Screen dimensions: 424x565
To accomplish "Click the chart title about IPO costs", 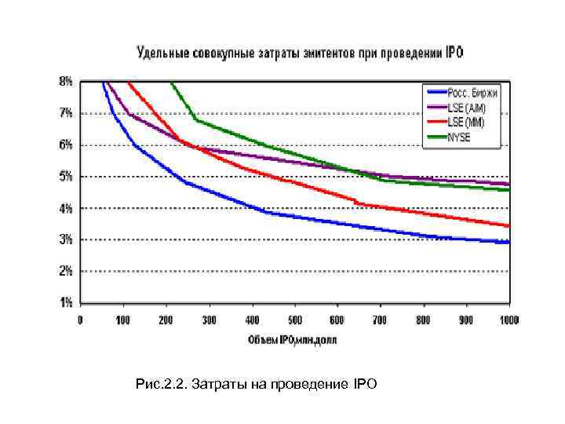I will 301,53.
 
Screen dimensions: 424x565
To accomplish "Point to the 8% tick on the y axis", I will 66,81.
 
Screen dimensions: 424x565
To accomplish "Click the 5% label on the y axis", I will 66,177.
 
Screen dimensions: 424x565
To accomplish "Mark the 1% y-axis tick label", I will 66,302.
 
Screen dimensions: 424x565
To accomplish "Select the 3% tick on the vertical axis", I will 66,239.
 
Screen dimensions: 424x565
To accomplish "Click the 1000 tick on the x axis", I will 509,320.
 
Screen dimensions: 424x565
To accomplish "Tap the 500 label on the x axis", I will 294,320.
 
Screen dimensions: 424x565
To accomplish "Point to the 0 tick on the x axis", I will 80,320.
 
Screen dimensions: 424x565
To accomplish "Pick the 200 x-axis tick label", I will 166,320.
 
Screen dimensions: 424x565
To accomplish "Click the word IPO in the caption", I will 365,384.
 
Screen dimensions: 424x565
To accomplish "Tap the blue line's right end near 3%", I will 508,242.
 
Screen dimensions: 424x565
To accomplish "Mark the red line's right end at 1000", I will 508,225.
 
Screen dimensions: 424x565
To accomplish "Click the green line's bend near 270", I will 196,119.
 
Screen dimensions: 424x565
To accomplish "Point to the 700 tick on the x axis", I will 381,320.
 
